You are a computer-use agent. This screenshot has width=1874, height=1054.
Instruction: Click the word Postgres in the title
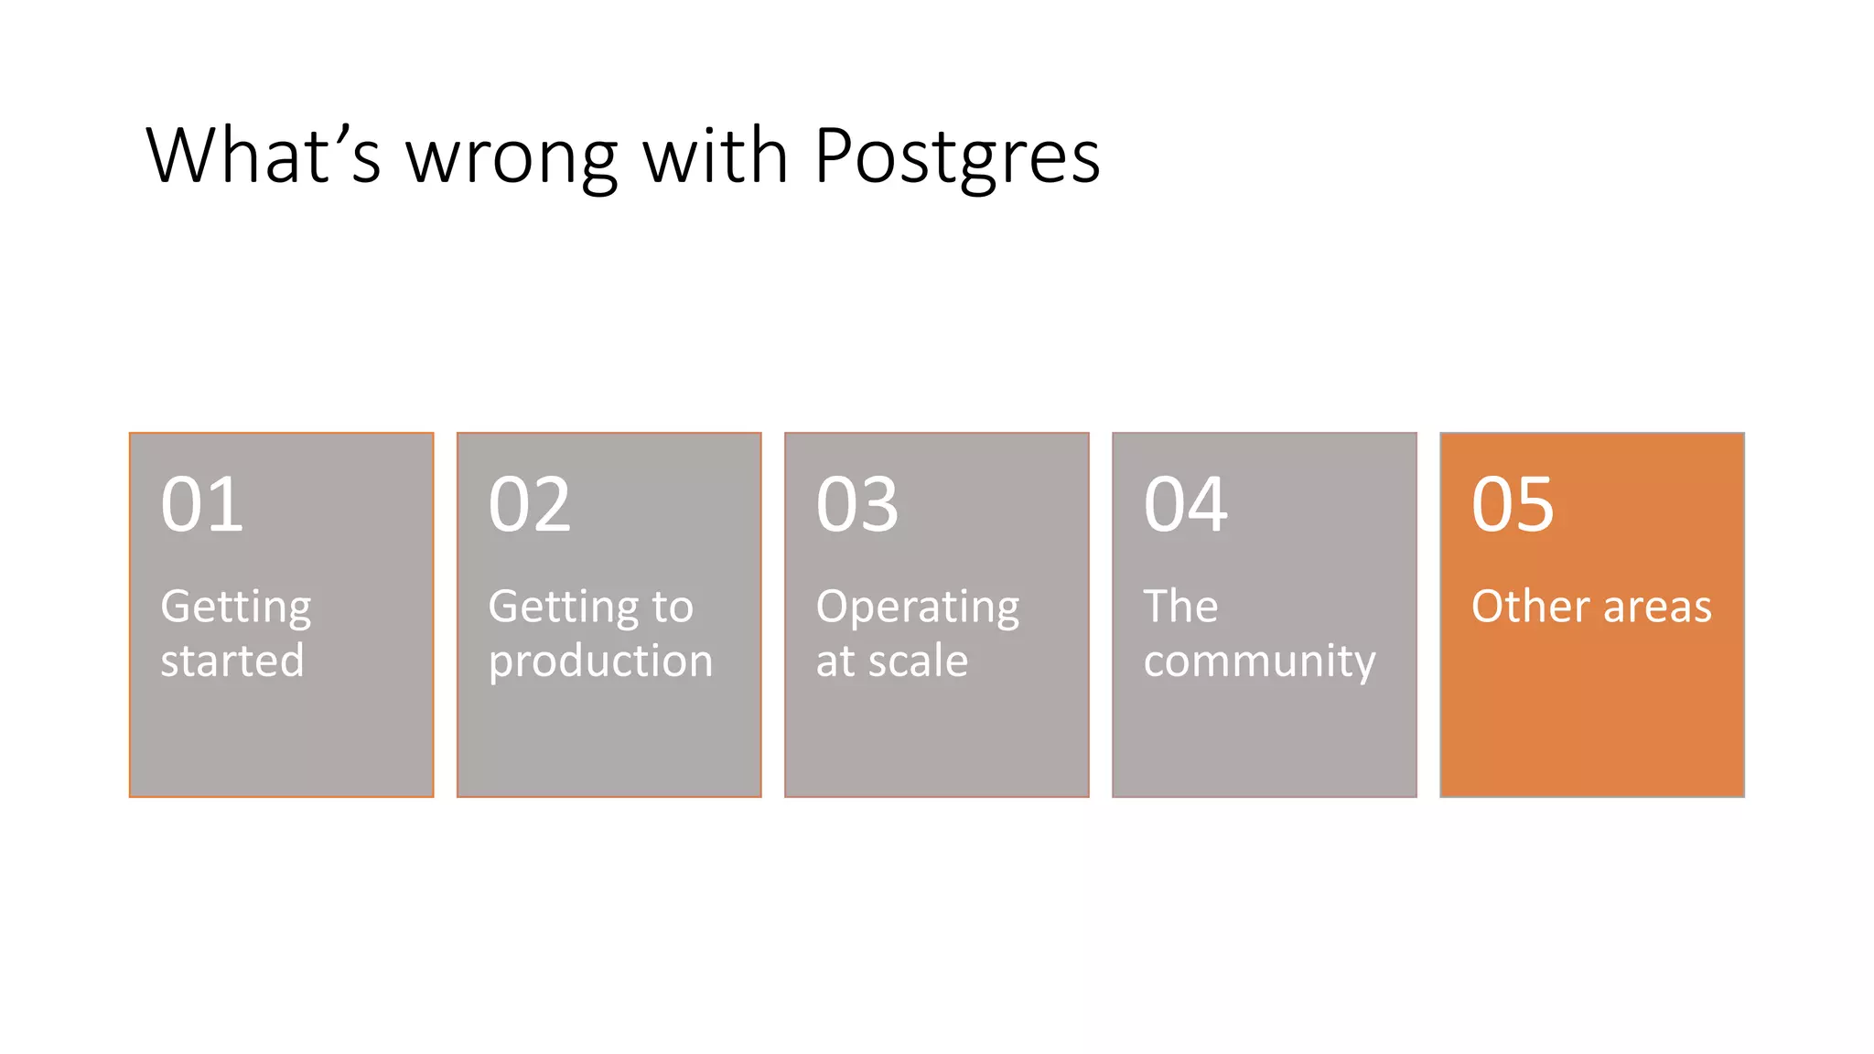coord(956,157)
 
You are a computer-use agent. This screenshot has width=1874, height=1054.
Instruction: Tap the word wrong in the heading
coord(512,157)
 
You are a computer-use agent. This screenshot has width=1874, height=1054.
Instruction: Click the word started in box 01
coord(232,661)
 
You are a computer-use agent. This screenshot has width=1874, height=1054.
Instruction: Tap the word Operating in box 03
coord(917,608)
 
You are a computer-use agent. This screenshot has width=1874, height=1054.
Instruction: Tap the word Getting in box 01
coord(236,608)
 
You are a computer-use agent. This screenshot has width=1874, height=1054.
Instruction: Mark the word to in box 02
coord(673,607)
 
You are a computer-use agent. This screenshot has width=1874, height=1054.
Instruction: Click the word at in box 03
coord(836,661)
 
